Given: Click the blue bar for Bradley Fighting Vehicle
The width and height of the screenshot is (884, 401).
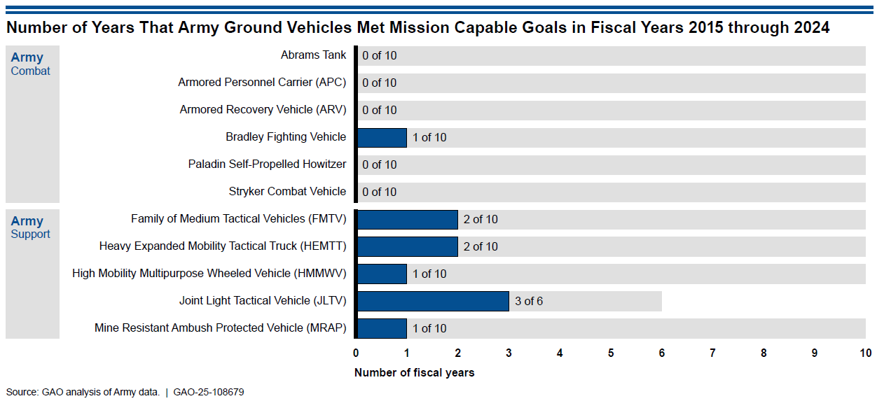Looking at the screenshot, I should (382, 137).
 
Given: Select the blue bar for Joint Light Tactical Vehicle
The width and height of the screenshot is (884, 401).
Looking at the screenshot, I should (432, 301).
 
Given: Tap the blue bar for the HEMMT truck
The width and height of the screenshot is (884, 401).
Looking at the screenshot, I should (407, 246).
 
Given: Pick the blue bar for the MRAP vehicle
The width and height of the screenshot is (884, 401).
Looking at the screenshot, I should (382, 328).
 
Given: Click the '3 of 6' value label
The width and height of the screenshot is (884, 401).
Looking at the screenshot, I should (529, 302).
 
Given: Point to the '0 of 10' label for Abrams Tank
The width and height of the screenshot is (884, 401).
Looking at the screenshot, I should (379, 55).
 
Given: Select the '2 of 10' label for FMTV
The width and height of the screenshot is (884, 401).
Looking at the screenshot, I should (481, 220).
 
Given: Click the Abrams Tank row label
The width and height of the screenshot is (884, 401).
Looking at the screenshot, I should (313, 55).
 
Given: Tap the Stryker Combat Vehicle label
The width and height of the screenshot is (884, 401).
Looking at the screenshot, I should (287, 192).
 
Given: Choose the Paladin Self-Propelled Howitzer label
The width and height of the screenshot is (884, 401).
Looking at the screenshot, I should (267, 164).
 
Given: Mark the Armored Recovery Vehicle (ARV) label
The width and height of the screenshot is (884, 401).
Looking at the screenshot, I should (263, 110).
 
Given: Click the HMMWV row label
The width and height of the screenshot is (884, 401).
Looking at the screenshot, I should (209, 274).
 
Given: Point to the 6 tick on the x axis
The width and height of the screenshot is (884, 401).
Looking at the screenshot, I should (661, 353).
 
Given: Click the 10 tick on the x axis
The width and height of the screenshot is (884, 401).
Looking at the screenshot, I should (866, 353).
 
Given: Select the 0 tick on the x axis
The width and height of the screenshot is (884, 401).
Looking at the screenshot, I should (356, 353).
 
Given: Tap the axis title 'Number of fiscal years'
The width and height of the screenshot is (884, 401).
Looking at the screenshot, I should (414, 373).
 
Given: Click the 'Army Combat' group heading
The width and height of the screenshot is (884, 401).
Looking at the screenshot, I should (30, 64).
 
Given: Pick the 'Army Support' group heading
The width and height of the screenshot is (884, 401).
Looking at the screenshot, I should (30, 227).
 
